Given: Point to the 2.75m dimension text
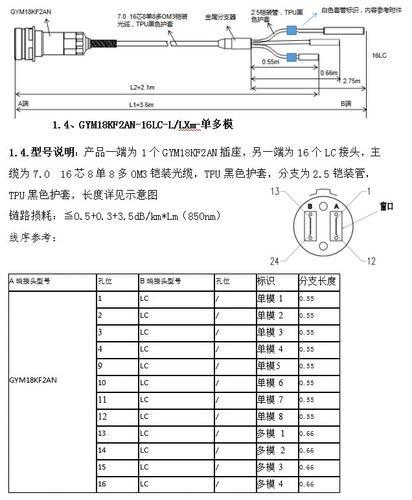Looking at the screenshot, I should click(352, 82).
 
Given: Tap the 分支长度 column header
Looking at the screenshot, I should click(317, 281).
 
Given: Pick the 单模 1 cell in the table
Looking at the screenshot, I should click(270, 299).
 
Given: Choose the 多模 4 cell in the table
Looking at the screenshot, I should click(270, 484).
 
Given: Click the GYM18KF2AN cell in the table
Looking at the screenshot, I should click(32, 380).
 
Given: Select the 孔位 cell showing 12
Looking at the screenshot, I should click(102, 416).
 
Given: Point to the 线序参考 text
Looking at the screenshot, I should click(33, 238).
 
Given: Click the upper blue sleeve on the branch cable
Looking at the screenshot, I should click(291, 30).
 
